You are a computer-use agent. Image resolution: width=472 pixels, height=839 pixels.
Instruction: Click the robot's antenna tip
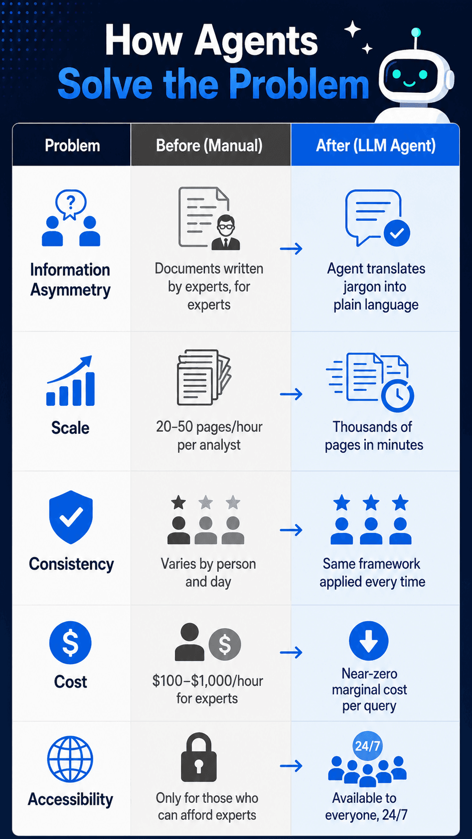pos(416,33)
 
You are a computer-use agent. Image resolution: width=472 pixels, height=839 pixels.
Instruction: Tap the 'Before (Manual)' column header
pos(209,146)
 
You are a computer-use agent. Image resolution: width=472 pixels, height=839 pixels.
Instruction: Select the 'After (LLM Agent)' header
pos(376,146)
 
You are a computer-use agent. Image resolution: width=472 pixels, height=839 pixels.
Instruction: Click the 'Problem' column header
pos(72,146)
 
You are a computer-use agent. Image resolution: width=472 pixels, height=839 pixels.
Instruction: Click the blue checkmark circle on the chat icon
pos(397,233)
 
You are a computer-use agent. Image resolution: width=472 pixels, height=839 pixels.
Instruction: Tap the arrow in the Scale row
pos(291,394)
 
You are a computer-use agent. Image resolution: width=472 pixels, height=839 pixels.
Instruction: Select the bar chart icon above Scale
pos(70,380)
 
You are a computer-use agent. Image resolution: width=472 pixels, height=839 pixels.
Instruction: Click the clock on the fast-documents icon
pos(397,395)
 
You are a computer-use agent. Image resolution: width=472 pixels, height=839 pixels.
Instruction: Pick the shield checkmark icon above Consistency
pos(71,517)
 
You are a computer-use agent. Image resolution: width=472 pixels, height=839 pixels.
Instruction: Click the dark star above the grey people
pos(179,502)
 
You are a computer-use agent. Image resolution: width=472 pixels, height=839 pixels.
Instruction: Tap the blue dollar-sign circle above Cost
pos(70,642)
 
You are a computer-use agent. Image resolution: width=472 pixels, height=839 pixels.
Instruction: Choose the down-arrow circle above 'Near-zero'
pos(369,641)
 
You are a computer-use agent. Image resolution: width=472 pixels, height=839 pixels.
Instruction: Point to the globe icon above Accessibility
pos(70,759)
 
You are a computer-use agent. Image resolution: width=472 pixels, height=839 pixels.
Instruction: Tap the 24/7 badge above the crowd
pos(368,746)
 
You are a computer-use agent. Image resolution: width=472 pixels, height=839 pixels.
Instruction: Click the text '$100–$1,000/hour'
pos(208,681)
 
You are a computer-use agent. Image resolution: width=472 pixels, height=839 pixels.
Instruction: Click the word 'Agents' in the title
pos(256,41)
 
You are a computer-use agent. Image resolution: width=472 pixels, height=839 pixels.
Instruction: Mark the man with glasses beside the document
pos(226,232)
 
